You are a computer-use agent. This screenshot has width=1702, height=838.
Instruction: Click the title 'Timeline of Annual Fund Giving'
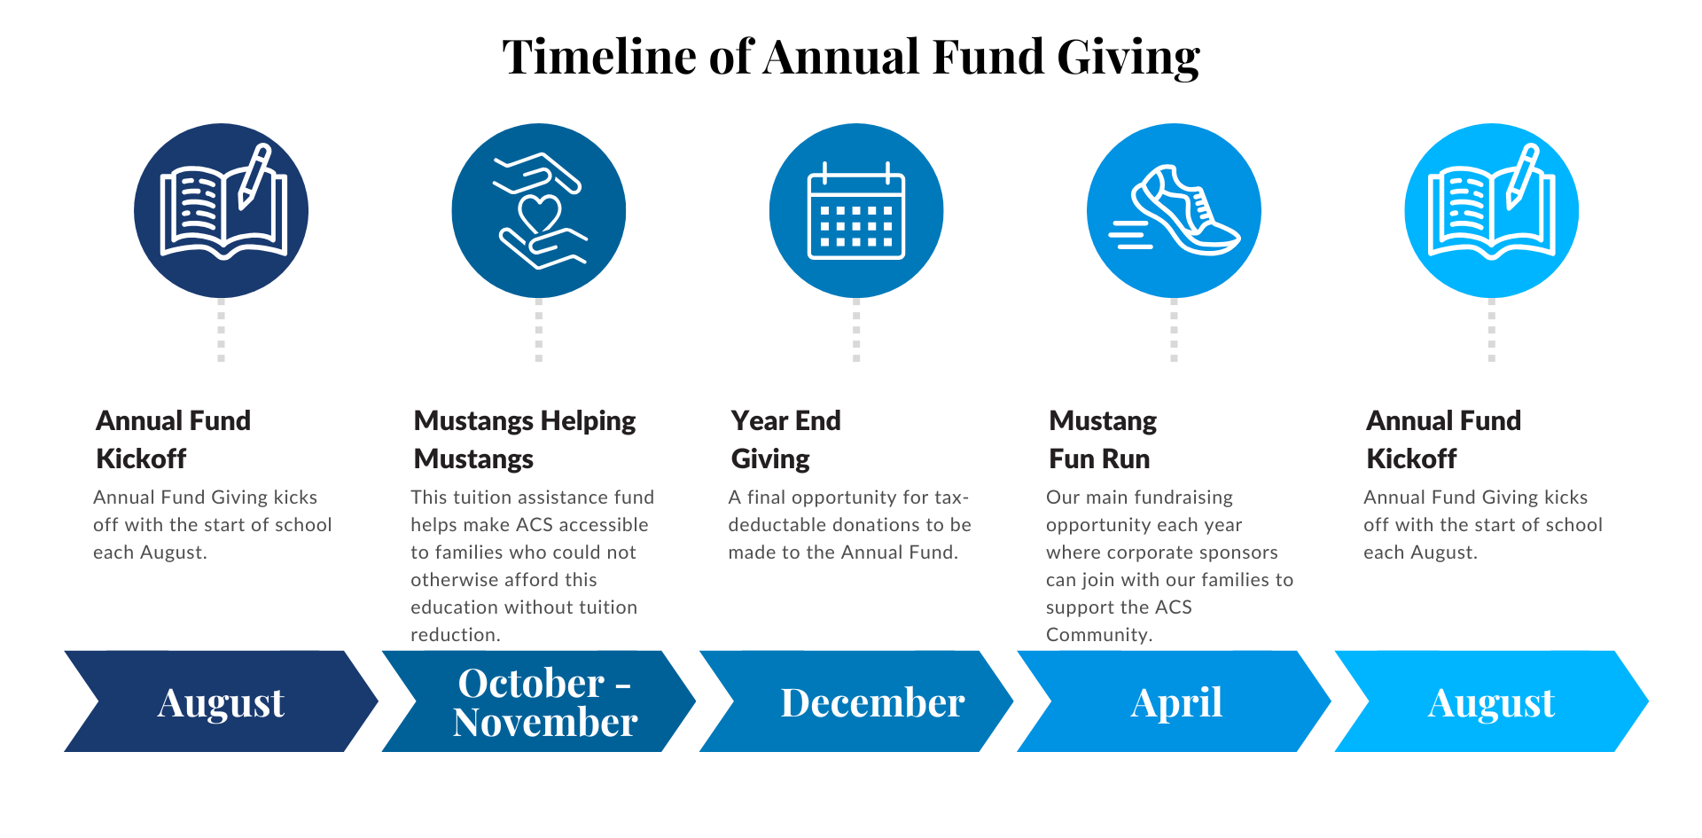[x=851, y=58]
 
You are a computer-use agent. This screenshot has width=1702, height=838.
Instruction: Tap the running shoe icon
[x=1174, y=210]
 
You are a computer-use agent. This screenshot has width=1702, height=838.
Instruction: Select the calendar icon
[x=856, y=210]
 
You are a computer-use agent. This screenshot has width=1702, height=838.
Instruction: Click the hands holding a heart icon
[x=539, y=210]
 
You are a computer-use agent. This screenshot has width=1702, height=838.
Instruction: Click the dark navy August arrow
[x=222, y=701]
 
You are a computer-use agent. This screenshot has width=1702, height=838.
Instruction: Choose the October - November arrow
[x=539, y=701]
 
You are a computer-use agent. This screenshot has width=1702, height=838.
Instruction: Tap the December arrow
[x=856, y=701]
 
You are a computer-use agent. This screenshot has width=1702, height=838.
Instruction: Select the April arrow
[x=1174, y=701]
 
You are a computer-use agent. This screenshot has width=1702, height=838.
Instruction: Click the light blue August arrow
[x=1492, y=701]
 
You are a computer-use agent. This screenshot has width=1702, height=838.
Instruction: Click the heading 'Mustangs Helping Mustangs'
[x=525, y=439]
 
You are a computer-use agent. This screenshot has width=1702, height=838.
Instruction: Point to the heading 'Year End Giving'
[x=786, y=439]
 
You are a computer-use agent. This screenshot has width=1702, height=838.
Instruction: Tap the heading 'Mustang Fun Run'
[x=1103, y=439]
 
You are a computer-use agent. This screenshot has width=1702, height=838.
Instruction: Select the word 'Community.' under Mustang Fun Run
[x=1099, y=635]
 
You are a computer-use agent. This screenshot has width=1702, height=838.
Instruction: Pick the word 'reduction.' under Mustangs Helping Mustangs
[x=456, y=635]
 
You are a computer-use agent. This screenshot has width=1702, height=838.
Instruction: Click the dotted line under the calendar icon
[x=856, y=330]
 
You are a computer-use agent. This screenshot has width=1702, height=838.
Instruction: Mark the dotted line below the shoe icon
[x=1174, y=330]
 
